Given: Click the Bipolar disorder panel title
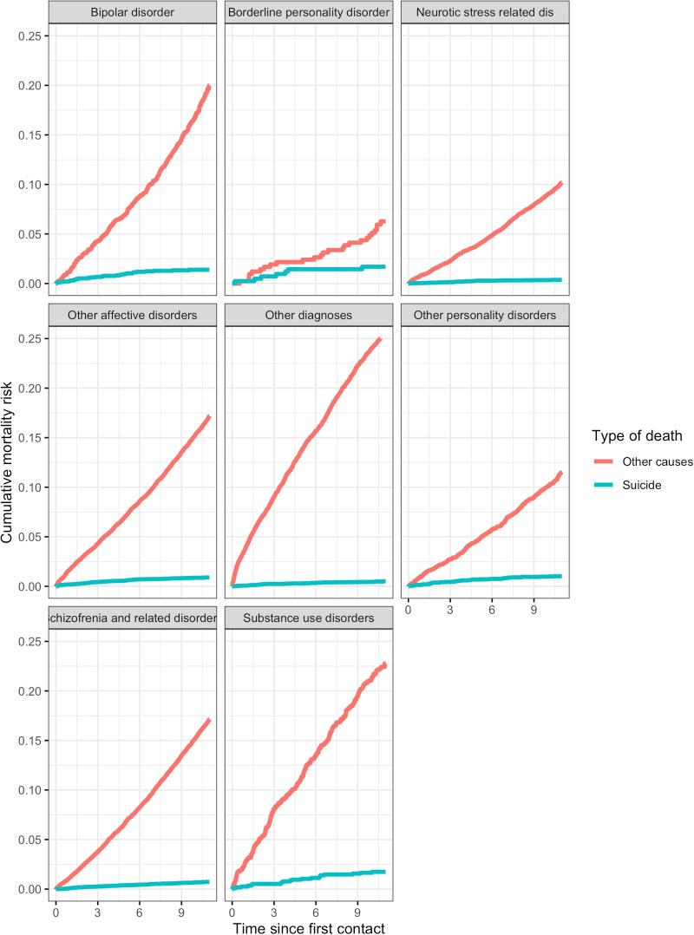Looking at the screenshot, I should point(133,14).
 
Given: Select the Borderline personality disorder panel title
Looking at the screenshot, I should point(308,14).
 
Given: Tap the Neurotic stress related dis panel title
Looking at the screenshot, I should point(484,14).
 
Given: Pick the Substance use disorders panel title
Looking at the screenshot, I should point(308,618).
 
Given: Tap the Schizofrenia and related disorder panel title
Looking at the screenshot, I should point(133,618).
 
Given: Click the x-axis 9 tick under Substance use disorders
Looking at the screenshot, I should point(357,912).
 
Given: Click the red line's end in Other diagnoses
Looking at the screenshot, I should point(380,339).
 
